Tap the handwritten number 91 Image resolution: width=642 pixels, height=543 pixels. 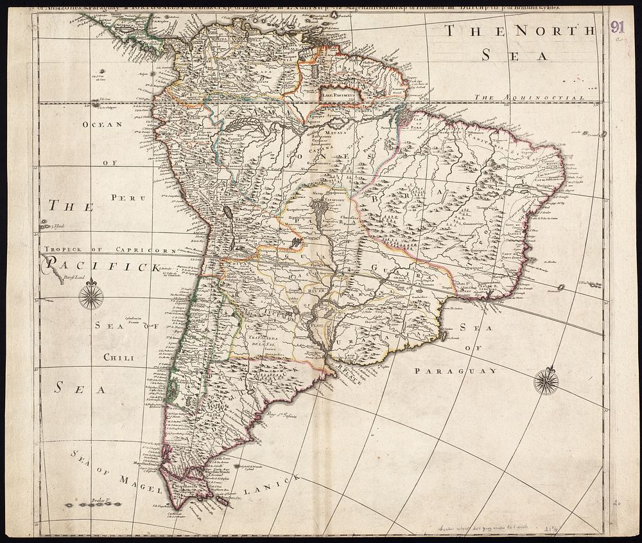click(618, 26)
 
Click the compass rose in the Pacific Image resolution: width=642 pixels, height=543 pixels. click(91, 296)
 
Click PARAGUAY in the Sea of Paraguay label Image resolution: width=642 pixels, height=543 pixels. click(456, 371)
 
